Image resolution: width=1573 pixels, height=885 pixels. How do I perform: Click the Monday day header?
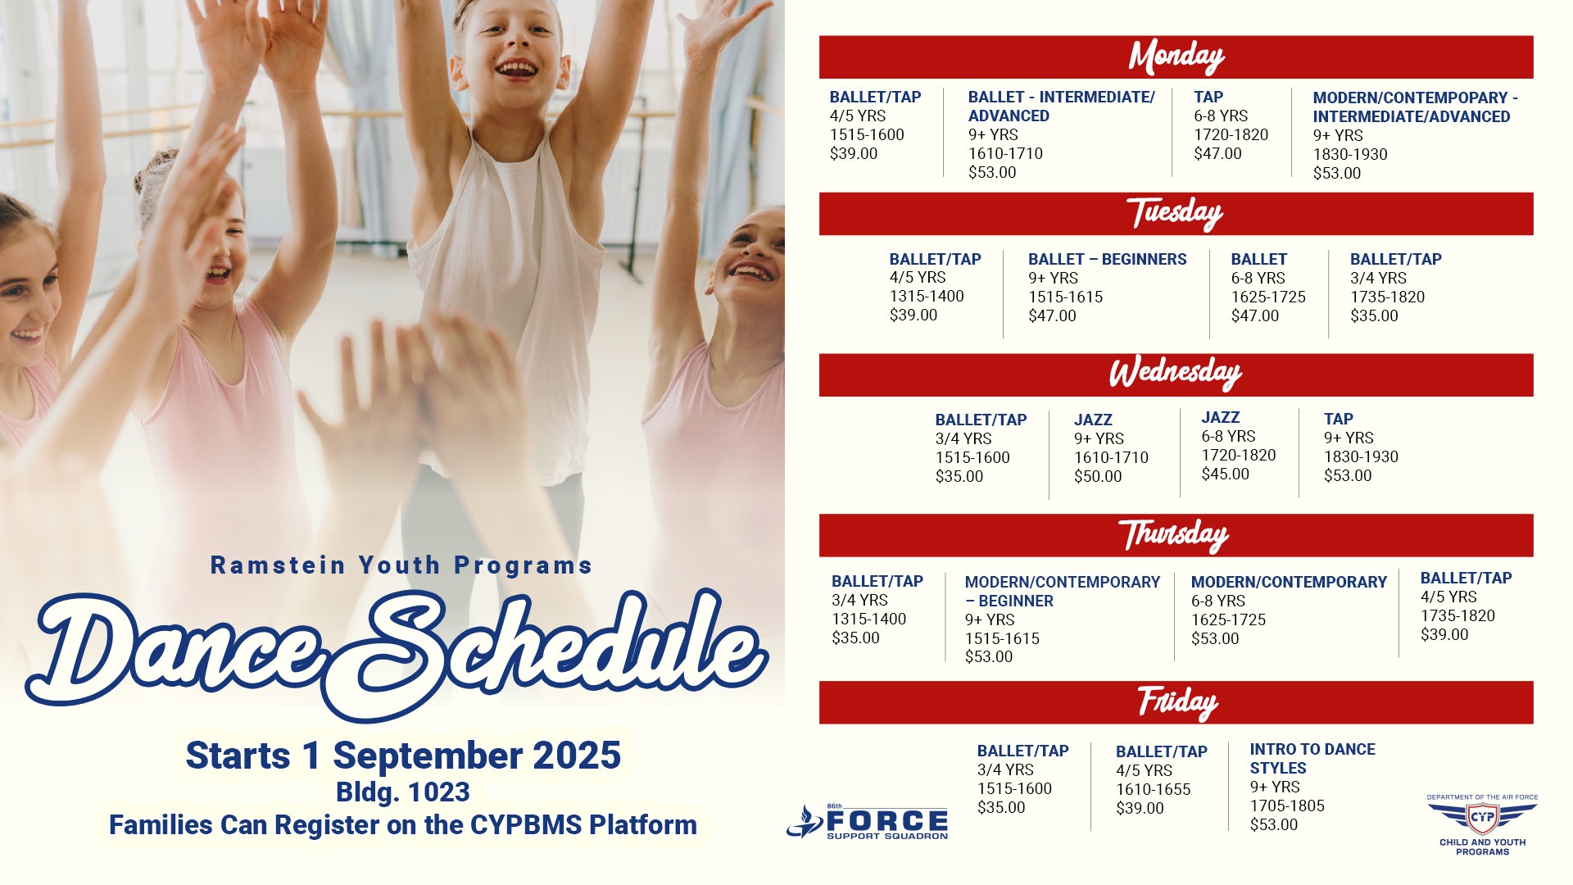[1176, 57]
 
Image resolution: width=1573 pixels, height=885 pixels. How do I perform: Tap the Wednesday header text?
[1176, 374]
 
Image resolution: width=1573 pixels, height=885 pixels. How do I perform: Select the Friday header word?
[1177, 702]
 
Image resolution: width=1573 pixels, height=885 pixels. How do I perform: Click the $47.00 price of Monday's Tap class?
[1217, 153]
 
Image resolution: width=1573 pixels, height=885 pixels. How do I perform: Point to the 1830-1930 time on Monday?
[1350, 154]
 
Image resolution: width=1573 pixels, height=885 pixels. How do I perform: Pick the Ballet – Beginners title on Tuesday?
[1107, 259]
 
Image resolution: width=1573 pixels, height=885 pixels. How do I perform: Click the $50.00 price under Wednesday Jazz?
[1098, 476]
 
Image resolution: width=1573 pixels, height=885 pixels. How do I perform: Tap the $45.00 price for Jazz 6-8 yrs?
[1226, 474]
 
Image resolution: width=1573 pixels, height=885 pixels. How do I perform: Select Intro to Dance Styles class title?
[1312, 759]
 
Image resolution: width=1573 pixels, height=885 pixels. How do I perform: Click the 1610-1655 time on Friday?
[1153, 789]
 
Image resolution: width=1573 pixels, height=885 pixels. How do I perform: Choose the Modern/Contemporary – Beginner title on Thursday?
[1063, 591]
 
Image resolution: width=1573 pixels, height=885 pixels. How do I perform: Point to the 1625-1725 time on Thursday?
[1228, 619]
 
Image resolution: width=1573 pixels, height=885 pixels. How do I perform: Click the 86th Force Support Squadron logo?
[867, 821]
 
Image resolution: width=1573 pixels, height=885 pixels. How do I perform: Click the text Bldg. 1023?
[403, 792]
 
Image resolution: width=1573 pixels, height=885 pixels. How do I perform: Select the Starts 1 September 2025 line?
[403, 755]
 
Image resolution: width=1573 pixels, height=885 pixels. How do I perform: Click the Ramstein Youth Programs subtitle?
[401, 565]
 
